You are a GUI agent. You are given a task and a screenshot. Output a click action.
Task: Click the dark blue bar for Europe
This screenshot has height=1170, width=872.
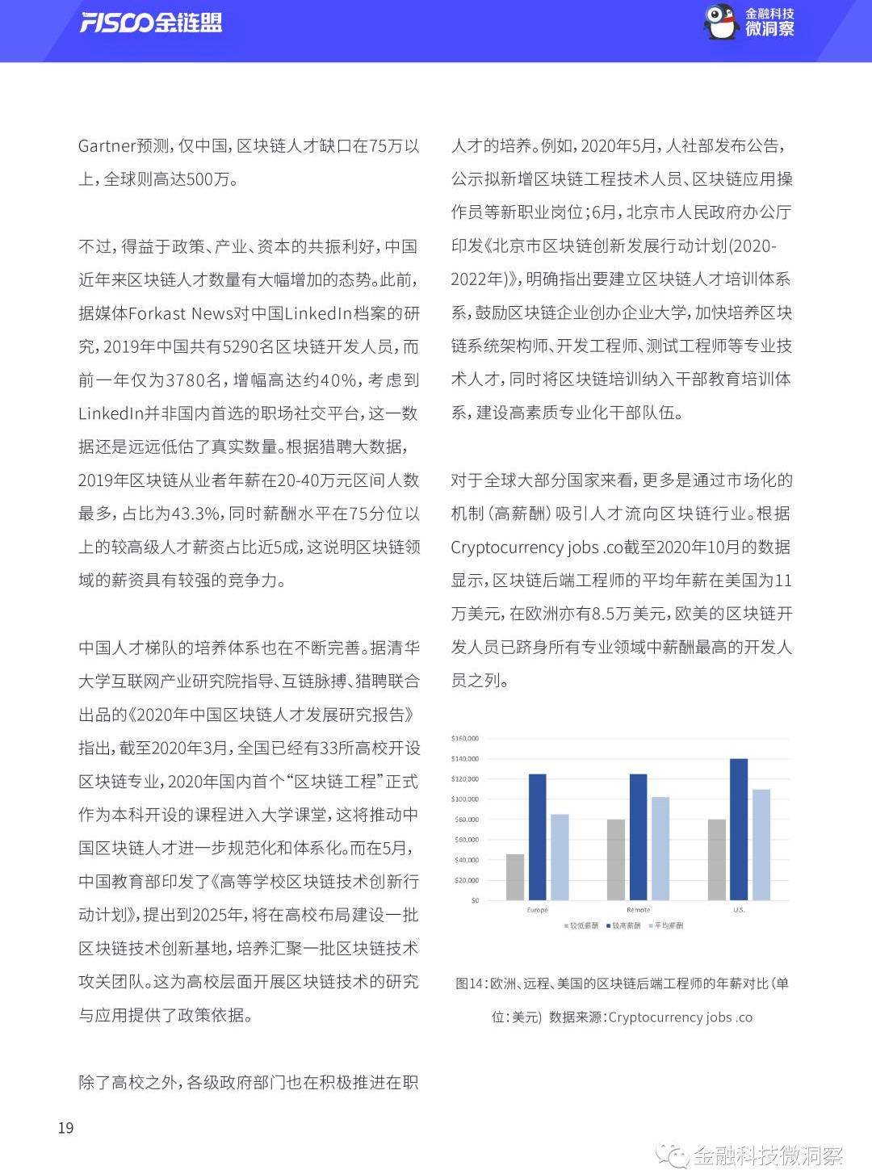(537, 837)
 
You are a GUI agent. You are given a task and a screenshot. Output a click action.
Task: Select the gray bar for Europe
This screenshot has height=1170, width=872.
(515, 877)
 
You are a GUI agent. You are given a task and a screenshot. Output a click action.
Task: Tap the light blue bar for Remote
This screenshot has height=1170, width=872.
(660, 848)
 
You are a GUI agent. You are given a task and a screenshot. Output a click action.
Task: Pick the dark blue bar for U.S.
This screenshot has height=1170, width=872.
(738, 829)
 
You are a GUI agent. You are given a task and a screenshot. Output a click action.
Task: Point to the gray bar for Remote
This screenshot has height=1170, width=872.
(616, 859)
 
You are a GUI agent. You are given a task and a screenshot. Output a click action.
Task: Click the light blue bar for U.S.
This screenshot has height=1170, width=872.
(761, 844)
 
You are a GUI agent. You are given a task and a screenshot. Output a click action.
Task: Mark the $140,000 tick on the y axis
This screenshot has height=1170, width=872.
(465, 759)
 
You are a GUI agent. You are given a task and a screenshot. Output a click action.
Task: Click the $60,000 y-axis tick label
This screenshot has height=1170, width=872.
(467, 840)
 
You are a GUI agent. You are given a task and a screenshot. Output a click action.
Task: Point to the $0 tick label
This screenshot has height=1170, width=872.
(475, 900)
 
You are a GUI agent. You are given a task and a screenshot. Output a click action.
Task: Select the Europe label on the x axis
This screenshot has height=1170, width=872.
(537, 910)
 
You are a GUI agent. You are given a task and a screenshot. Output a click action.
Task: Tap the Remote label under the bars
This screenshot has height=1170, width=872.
(638, 910)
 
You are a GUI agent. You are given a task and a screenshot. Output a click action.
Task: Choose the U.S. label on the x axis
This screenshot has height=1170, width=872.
(739, 910)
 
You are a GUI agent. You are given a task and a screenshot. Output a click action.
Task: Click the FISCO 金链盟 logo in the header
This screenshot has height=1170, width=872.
(151, 23)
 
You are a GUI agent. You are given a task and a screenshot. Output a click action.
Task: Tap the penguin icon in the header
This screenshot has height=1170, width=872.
(720, 22)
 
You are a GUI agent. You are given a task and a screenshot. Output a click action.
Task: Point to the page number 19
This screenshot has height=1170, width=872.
(66, 1128)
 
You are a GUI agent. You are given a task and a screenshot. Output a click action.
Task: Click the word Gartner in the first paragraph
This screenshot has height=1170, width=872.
(107, 146)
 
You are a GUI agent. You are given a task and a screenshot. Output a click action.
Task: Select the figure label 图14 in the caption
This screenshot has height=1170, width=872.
(469, 983)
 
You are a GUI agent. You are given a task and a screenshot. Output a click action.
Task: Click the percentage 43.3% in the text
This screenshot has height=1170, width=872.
(196, 514)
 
